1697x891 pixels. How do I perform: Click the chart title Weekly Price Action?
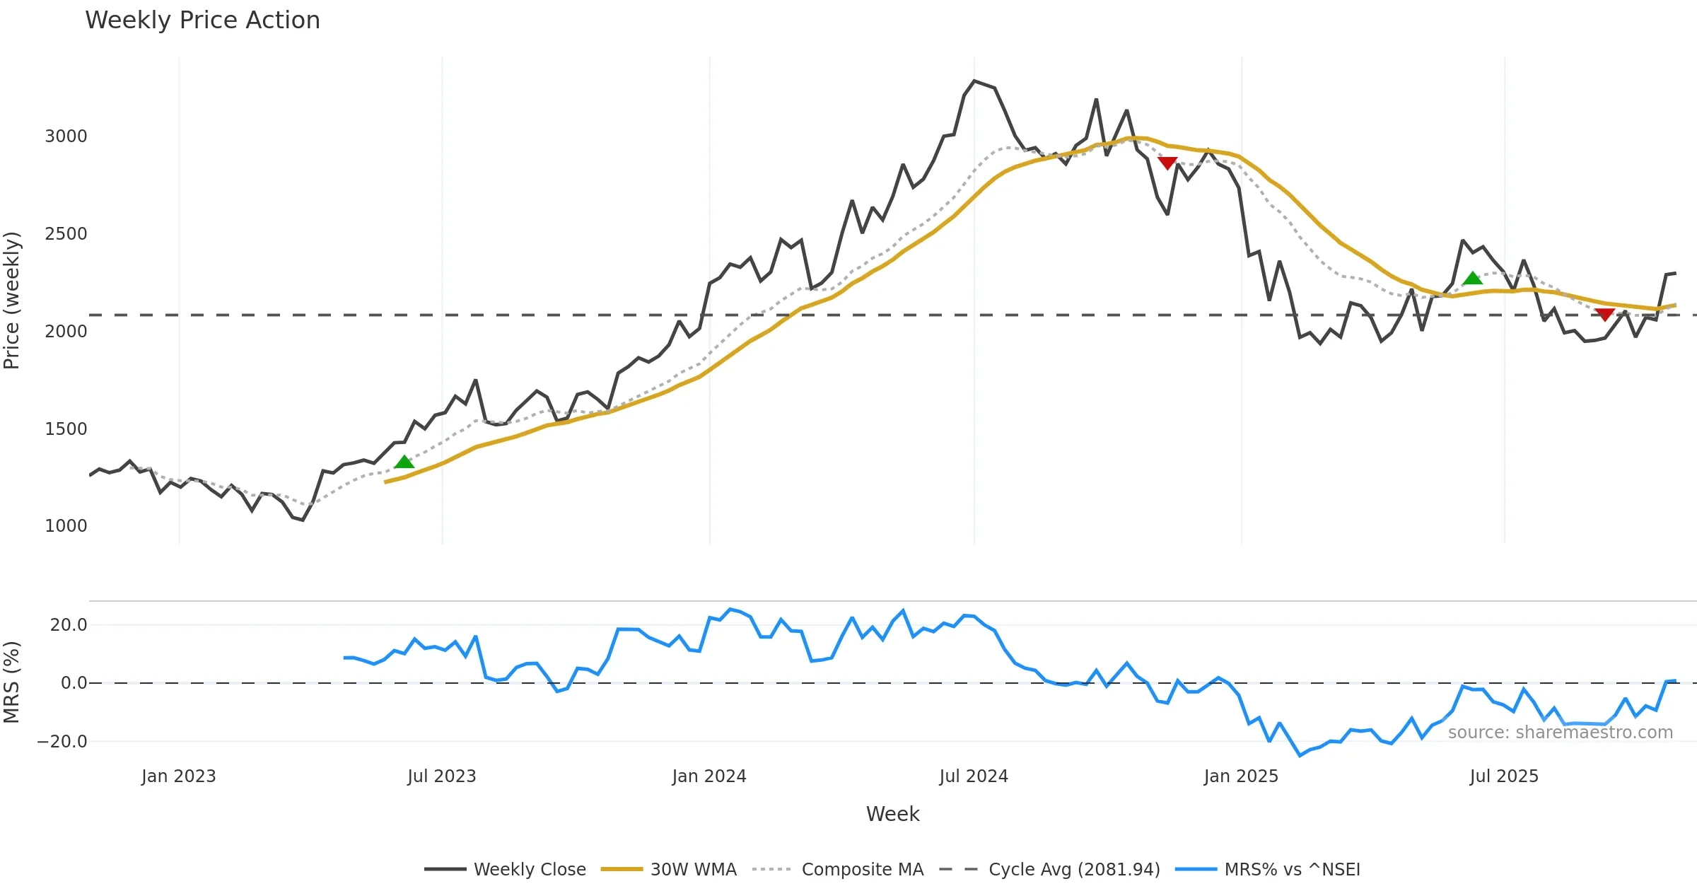202,21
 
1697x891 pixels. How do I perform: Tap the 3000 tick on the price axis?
66,136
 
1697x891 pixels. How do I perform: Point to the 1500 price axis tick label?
66,429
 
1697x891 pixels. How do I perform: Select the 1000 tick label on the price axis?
66,526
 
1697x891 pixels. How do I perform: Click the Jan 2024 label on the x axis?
709,776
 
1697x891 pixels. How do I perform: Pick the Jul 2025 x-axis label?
1504,776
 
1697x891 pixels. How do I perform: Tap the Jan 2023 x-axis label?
178,776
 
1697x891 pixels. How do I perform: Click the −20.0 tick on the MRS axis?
62,742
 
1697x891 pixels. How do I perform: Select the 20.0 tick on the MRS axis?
69,625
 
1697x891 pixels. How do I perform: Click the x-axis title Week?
892,815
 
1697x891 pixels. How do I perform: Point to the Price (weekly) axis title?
12,301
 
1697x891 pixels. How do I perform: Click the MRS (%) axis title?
12,682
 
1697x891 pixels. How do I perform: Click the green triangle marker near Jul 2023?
404,462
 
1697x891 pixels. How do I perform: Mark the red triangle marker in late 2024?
1167,163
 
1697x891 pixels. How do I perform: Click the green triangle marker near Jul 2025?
1472,279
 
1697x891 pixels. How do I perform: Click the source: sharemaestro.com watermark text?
1560,733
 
